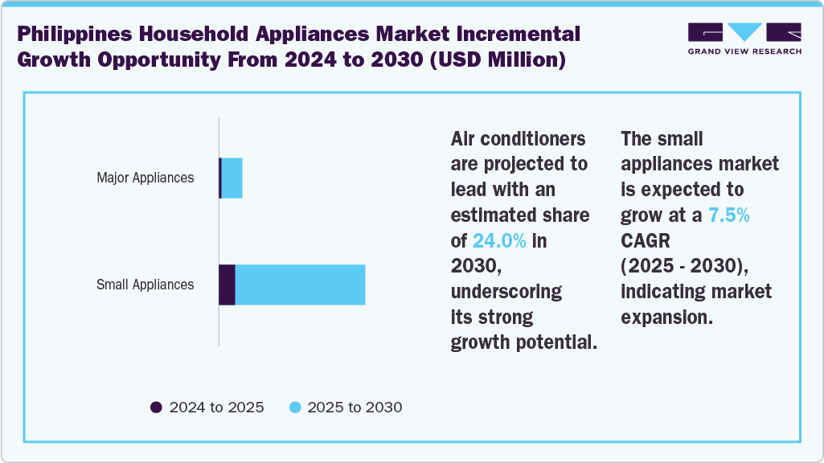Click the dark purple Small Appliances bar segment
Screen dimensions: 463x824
click(x=227, y=285)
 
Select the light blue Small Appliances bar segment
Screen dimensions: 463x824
click(x=300, y=285)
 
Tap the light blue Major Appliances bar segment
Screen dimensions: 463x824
click(x=232, y=178)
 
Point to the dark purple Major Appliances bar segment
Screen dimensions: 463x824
click(x=220, y=178)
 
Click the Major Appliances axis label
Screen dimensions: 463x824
click(x=145, y=178)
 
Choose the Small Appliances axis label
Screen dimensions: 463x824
click(x=145, y=285)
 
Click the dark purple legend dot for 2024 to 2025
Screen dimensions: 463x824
click(x=157, y=408)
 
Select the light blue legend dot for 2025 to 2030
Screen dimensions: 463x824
click(x=295, y=408)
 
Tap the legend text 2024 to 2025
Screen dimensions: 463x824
click(x=216, y=408)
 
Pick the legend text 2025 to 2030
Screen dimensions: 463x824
click(x=355, y=408)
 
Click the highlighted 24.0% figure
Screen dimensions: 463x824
click(x=499, y=240)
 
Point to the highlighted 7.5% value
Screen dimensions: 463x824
click(x=729, y=215)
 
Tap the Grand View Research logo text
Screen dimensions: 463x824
click(x=744, y=51)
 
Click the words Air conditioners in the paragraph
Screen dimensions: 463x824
click(x=518, y=139)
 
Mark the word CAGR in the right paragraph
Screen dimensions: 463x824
click(x=646, y=240)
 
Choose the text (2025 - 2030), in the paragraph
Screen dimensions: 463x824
click(x=689, y=266)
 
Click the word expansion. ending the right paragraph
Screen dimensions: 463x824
click(x=666, y=317)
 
